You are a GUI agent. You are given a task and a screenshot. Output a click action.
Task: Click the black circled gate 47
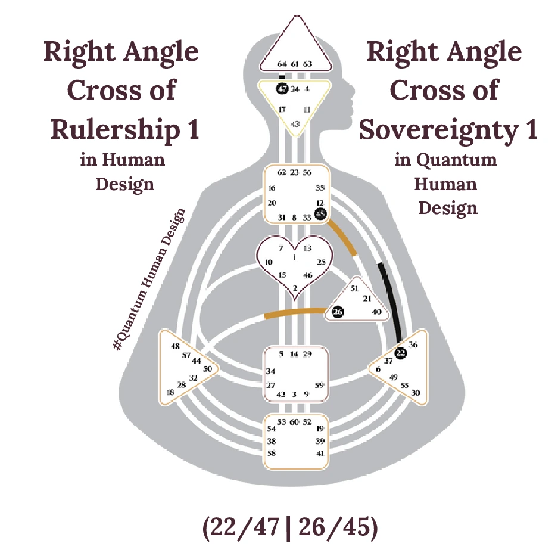point(282,89)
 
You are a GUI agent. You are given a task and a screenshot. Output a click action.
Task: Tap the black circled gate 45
point(320,213)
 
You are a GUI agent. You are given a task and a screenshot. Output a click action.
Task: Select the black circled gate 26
point(338,312)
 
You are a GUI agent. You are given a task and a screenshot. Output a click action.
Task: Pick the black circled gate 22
point(401,353)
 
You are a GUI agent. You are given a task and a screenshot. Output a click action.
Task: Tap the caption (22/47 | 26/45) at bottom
point(290,529)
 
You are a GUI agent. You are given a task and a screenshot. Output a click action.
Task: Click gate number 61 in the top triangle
point(295,64)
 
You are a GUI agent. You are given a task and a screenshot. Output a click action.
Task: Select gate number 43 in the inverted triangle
point(295,123)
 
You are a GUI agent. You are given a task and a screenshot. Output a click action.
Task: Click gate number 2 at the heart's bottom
point(295,288)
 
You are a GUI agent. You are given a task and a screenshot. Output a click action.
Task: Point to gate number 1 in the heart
point(294,257)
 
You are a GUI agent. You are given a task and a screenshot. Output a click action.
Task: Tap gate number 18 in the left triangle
point(171,392)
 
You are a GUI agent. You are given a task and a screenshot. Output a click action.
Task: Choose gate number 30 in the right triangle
point(416,393)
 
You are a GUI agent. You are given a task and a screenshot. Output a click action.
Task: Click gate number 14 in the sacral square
point(294,354)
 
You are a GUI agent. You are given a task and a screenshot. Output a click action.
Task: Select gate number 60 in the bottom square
point(294,422)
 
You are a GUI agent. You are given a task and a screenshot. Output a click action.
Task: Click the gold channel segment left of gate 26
point(292,312)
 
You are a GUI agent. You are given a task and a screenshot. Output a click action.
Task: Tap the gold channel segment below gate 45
point(344,238)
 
